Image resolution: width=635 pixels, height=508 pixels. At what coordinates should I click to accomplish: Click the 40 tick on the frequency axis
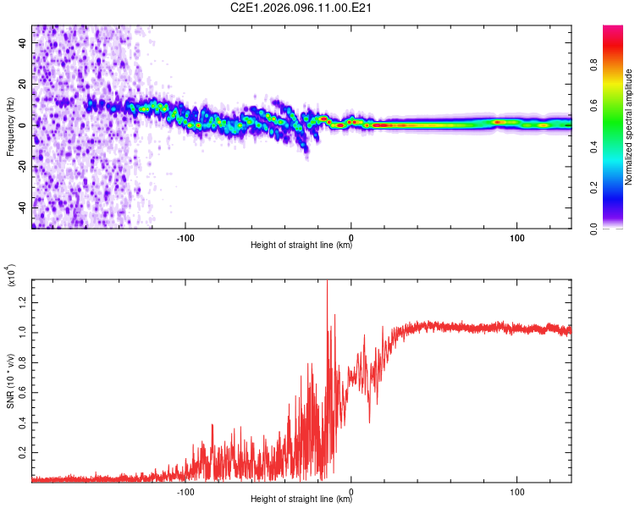click(22, 43)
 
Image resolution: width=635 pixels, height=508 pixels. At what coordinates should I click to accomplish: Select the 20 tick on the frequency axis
click(22, 84)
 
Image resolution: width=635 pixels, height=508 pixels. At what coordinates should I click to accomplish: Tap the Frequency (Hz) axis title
click(10, 126)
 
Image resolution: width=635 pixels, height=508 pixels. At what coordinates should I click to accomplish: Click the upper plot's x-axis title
click(301, 246)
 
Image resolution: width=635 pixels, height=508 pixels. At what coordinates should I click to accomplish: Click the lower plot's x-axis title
click(301, 499)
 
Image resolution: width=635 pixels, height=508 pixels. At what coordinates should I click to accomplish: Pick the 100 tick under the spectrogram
click(517, 237)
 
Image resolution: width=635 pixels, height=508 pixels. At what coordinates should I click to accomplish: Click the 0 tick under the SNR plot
click(351, 490)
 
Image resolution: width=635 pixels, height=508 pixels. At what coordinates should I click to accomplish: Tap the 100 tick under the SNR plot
click(517, 490)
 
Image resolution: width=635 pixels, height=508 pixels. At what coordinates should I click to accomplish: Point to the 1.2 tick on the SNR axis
click(22, 301)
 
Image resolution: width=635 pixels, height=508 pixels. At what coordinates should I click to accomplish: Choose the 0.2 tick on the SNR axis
click(22, 454)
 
